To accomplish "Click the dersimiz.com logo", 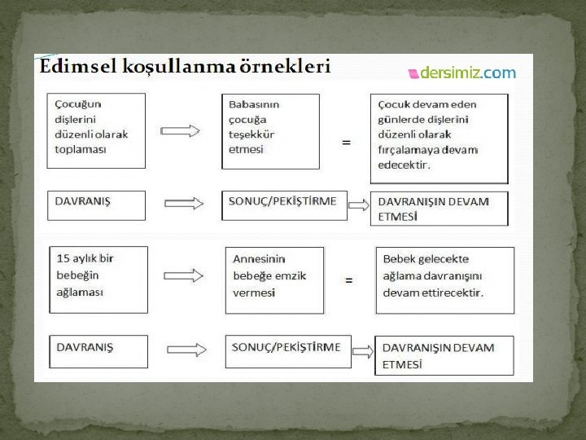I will pyautogui.click(x=461, y=73).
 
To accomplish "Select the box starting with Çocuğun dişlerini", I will pyautogui.click(x=96, y=130).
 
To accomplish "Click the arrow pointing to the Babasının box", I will pyautogui.click(x=181, y=131).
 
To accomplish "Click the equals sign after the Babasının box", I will pyautogui.click(x=347, y=142).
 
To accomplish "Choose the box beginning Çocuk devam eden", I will pyautogui.click(x=439, y=134).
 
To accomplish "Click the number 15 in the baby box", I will pyautogui.click(x=63, y=258).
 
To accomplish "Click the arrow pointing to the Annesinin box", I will pyautogui.click(x=184, y=275).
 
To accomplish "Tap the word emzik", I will pyautogui.click(x=290, y=275).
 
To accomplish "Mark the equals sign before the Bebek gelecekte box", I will pyautogui.click(x=349, y=279).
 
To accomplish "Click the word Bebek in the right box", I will pyautogui.click(x=399, y=259).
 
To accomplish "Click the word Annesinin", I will pyautogui.click(x=259, y=259).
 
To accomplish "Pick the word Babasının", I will pyautogui.click(x=255, y=104).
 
